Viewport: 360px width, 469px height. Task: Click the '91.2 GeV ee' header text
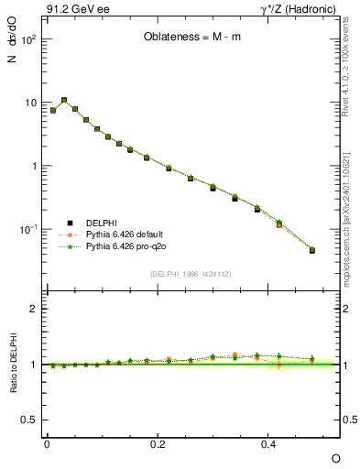pos(71,11)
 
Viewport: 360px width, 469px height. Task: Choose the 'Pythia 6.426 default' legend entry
pos(125,235)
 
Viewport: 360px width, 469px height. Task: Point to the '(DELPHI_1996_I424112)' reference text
pos(190,274)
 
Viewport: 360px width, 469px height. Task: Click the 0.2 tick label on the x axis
pos(158,443)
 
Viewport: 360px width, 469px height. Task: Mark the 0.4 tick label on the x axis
pos(268,443)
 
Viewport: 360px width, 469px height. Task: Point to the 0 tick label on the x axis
pos(47,443)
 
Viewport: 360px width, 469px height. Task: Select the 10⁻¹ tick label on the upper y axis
pos(29,229)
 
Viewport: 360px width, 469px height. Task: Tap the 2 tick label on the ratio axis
pos(33,309)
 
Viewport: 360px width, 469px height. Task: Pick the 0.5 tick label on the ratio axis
pos(28,420)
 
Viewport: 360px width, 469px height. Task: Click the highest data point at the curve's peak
pos(64,100)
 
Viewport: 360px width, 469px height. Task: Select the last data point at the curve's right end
pos(312,250)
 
